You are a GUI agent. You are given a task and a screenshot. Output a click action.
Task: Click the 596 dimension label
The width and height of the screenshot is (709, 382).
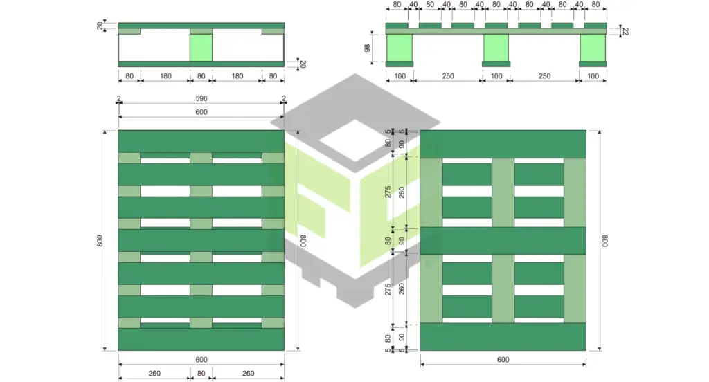pos(201,98)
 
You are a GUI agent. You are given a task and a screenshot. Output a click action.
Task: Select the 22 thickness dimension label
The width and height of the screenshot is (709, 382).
pos(625,32)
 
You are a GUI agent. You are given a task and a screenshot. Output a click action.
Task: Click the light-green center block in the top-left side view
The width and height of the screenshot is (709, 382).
pos(201,47)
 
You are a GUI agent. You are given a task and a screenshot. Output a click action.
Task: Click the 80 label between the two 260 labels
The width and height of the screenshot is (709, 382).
pos(201,374)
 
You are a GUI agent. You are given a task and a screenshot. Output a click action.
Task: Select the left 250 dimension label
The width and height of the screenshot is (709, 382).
pos(448,76)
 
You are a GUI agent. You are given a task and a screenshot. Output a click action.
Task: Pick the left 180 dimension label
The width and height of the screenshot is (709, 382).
pos(165,76)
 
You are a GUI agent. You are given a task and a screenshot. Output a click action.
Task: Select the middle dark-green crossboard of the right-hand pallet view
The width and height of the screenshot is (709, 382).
pos(503,241)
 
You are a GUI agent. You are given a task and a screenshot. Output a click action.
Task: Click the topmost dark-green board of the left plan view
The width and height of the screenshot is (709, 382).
pos(201,141)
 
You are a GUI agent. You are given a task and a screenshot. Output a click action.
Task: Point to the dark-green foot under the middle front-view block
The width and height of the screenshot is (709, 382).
pos(496,64)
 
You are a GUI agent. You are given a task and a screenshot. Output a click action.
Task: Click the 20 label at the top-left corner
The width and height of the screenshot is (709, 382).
pos(100,26)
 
